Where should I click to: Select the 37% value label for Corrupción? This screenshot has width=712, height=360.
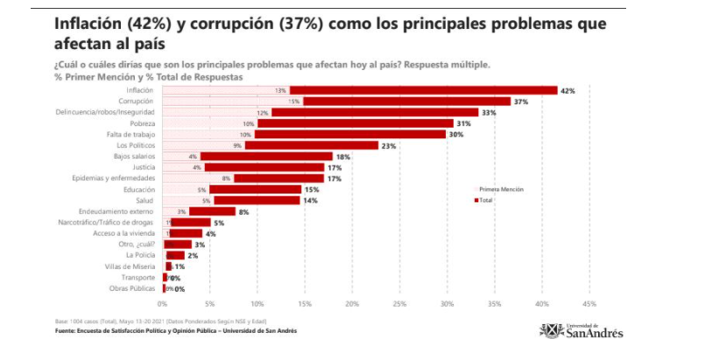click(x=519, y=102)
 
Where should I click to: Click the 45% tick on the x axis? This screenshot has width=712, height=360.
click(x=589, y=304)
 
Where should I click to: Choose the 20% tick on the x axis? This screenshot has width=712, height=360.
click(x=352, y=304)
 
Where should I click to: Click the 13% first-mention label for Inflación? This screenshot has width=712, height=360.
click(x=280, y=90)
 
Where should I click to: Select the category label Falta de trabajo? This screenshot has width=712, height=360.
click(x=131, y=134)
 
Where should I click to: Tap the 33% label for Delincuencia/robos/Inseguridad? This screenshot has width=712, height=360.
click(x=489, y=112)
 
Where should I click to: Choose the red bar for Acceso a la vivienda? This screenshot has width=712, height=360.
click(x=187, y=233)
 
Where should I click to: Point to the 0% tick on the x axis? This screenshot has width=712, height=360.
click(x=162, y=304)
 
